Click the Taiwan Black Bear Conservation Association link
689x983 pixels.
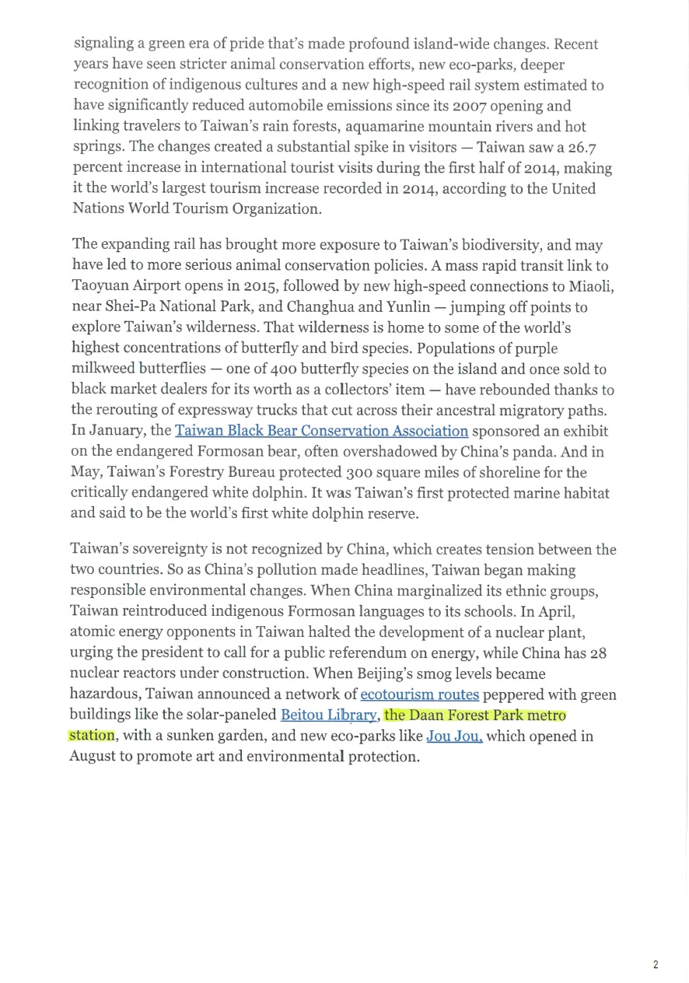tap(321, 431)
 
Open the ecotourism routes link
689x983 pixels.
tap(419, 694)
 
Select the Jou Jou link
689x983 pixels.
tap(454, 735)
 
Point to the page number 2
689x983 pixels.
tap(656, 964)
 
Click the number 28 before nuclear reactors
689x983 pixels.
tap(597, 652)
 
